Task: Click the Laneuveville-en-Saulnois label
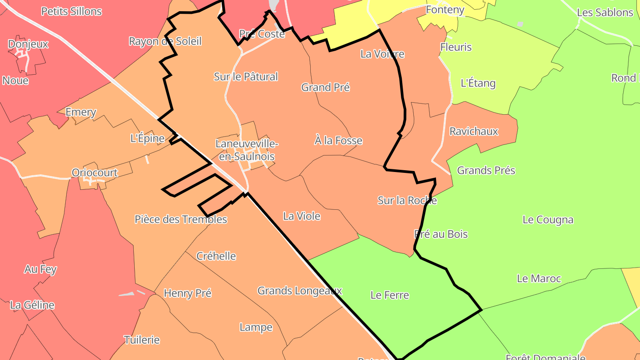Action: coord(247,150)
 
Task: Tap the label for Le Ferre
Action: coord(389,295)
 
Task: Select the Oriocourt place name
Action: coord(95,172)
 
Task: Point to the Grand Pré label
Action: coord(325,88)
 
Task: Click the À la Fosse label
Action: coord(338,141)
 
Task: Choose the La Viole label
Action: coord(302,216)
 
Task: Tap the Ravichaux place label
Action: coord(474,132)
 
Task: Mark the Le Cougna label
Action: coord(548,220)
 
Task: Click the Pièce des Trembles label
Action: coord(181,220)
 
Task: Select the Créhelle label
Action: coord(216,256)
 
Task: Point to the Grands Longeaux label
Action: coord(300,291)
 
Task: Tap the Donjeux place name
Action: coord(28,44)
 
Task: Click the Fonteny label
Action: coord(445,10)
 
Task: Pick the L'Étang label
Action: coord(478,84)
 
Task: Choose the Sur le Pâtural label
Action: coord(246,77)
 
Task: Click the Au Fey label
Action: coord(40,269)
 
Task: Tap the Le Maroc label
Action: coord(539,279)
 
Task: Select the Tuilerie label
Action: coord(142,340)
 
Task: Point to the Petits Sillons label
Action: coord(72,12)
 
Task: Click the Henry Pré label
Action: coord(188,293)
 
